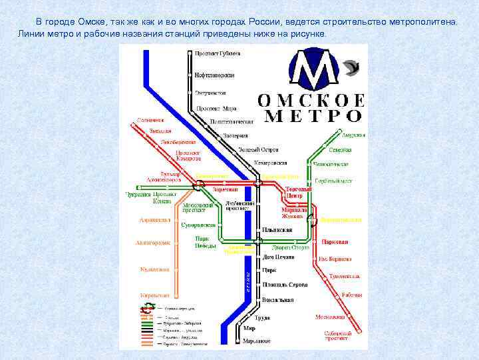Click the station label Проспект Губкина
point(218,53)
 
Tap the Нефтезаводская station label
point(217,74)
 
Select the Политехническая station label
point(232,122)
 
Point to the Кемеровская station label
point(271,163)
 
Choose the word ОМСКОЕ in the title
point(311,101)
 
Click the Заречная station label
point(225,189)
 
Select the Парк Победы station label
point(206,242)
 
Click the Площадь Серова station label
point(285,285)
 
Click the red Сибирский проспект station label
point(337,335)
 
